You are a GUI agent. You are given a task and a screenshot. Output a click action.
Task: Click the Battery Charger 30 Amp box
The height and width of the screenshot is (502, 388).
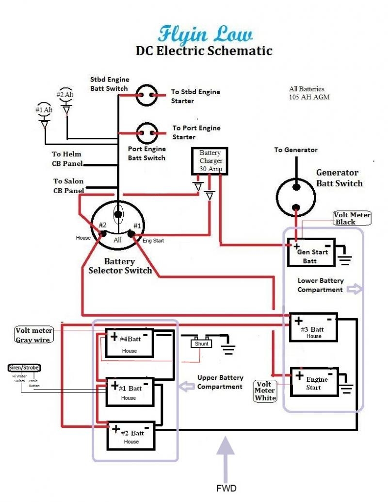(210, 161)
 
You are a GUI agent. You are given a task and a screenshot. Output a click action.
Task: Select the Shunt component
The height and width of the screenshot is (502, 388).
(202, 343)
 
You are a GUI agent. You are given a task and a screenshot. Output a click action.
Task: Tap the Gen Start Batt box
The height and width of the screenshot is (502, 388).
(311, 252)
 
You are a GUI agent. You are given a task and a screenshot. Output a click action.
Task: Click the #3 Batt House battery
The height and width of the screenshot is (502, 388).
(313, 326)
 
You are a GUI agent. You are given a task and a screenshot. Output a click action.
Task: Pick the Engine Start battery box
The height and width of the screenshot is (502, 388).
(313, 382)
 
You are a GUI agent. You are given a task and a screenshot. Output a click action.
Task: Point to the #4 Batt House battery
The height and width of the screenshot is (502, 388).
(129, 343)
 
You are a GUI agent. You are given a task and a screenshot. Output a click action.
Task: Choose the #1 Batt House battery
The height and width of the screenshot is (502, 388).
(129, 392)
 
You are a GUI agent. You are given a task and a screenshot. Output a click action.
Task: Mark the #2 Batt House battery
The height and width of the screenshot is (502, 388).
(131, 436)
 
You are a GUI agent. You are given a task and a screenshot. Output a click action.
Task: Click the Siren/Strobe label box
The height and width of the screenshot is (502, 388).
(24, 368)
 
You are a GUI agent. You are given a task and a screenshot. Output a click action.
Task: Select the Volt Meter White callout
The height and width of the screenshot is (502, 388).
(265, 391)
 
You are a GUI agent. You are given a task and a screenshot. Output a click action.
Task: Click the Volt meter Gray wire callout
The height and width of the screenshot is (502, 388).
(33, 335)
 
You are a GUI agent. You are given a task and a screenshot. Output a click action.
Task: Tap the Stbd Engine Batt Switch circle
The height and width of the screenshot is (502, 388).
(146, 95)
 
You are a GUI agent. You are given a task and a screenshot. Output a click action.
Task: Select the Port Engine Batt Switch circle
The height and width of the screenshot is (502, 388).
(147, 132)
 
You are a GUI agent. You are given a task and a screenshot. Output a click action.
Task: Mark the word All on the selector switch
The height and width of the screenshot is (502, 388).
(118, 240)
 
